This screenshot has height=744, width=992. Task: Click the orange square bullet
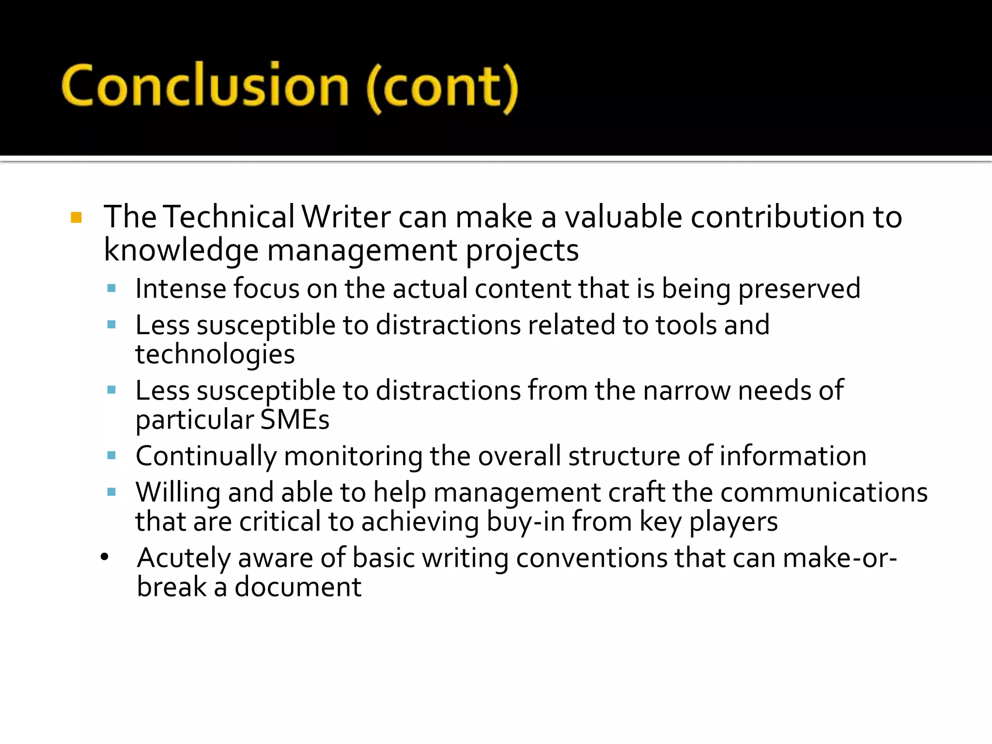(x=76, y=217)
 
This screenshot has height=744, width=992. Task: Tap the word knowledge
(x=181, y=250)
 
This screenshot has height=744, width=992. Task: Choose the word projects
(x=522, y=251)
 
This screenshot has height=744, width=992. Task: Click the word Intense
(x=181, y=289)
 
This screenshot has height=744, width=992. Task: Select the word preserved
(x=799, y=290)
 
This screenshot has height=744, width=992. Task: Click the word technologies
(x=215, y=355)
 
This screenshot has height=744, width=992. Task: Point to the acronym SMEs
(x=294, y=419)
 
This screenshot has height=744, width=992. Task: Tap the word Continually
(x=206, y=456)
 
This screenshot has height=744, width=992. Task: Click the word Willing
(x=178, y=493)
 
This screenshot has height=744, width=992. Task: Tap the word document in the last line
(x=298, y=587)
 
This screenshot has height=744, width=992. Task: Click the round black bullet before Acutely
(x=105, y=558)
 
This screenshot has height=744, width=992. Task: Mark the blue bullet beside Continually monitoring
(x=111, y=455)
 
